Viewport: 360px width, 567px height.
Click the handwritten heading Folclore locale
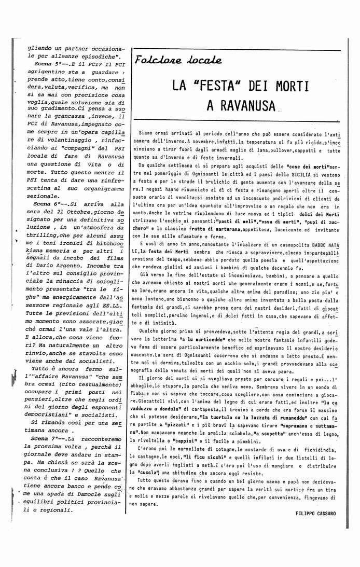(178, 60)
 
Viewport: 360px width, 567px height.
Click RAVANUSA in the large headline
(241, 106)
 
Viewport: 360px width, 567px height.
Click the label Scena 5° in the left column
(47, 63)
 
